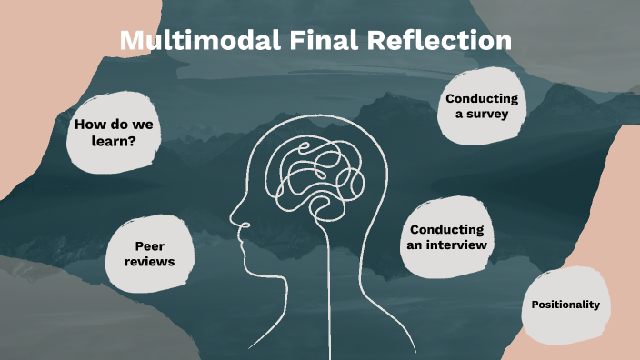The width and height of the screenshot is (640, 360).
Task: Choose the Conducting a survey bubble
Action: tap(482, 105)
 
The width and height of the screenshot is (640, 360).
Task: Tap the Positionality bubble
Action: tap(565, 305)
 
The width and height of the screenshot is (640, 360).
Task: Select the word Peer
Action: tap(149, 245)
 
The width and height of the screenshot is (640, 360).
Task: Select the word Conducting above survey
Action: tap(482, 98)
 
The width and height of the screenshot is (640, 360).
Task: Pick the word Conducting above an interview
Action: tap(447, 229)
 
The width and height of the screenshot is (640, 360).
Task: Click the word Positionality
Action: tap(565, 305)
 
